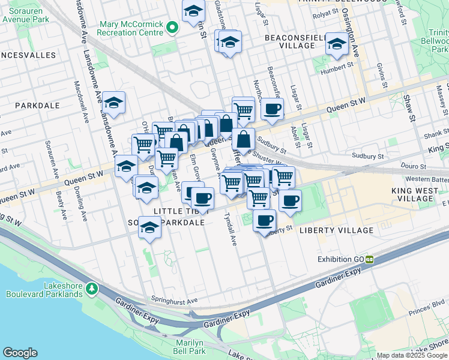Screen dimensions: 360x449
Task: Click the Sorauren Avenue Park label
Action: [x=23, y=14]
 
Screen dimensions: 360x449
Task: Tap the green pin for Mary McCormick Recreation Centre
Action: [x=172, y=28]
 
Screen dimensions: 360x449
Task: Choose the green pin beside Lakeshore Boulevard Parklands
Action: [x=91, y=289]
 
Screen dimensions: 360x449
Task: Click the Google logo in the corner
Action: [x=20, y=353]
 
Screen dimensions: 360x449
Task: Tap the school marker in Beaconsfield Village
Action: [x=337, y=43]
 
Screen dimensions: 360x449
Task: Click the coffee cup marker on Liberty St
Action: [x=264, y=220]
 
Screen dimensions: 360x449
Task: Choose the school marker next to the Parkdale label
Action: [x=113, y=101]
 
